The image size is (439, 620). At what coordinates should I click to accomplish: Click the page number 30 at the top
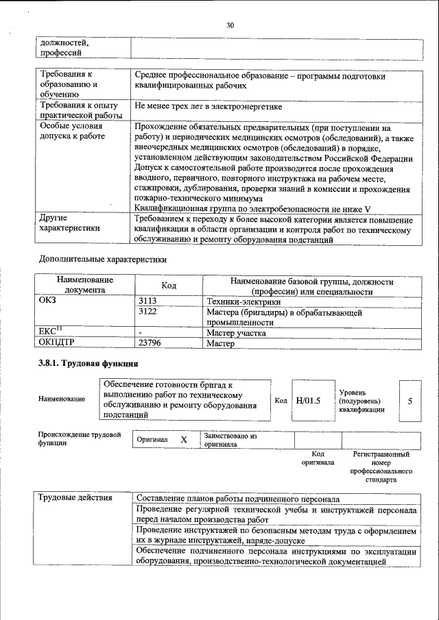tap(230, 25)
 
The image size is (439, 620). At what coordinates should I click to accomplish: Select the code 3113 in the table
tap(148, 301)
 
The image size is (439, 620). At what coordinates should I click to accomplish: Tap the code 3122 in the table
tap(148, 312)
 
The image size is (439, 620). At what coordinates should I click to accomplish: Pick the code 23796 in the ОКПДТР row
tap(151, 344)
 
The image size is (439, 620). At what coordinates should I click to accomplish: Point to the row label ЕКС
tap(51, 333)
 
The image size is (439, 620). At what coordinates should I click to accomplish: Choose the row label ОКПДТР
tap(58, 344)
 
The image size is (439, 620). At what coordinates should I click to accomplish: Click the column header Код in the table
tap(169, 285)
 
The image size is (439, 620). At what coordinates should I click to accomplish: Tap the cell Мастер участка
tap(236, 333)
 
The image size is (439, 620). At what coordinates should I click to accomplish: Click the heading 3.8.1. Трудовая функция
tap(88, 364)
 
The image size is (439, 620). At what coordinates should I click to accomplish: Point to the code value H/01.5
tap(308, 400)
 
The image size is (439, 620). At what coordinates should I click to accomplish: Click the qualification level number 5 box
tap(410, 400)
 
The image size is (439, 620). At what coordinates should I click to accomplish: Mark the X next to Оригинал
tap(183, 440)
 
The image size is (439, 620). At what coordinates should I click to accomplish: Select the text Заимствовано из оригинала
tap(230, 440)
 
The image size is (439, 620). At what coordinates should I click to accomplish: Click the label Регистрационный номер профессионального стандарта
tap(381, 467)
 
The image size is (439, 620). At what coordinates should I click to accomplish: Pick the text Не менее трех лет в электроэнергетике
tap(209, 107)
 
